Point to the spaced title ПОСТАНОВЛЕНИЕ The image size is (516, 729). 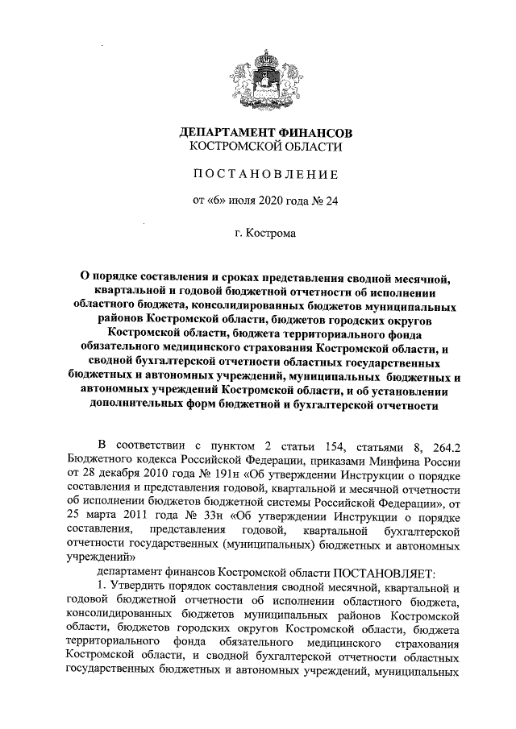tap(265, 173)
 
